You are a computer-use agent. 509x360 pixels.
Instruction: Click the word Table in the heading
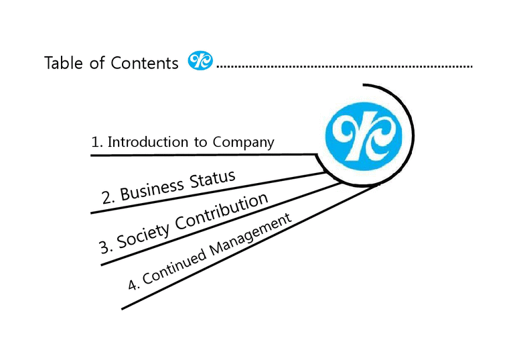(x=64, y=63)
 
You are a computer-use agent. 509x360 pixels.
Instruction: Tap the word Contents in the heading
(x=145, y=63)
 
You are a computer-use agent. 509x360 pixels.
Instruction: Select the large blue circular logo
(x=362, y=133)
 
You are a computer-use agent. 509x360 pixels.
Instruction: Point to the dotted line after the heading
(x=345, y=67)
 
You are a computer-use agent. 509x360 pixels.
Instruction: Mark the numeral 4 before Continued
(x=133, y=285)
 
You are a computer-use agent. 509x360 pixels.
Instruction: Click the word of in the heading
(x=98, y=63)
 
